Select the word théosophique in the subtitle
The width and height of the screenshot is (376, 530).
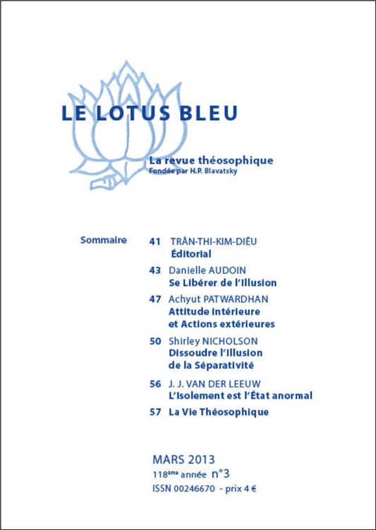pos(236,160)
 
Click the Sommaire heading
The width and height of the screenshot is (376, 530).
pos(104,240)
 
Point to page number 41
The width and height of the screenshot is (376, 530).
pos(155,241)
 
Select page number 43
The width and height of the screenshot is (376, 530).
pos(155,270)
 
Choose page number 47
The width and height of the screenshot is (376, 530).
pos(155,299)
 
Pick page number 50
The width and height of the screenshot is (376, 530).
pos(155,341)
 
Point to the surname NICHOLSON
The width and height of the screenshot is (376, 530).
pos(232,341)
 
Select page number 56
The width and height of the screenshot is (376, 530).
pos(155,383)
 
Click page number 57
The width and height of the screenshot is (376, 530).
pos(155,412)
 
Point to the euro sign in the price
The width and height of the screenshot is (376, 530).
pos(253,488)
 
